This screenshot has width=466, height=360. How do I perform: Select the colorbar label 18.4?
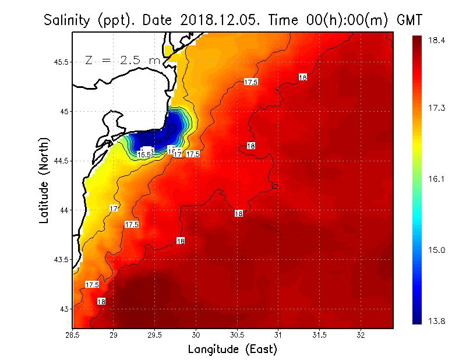pyautogui.click(x=437, y=40)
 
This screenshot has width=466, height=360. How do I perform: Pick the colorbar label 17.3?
pyautogui.click(x=437, y=108)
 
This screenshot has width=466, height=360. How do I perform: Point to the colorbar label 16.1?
pyautogui.click(x=437, y=179)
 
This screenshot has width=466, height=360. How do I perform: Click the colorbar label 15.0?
pyautogui.click(x=437, y=250)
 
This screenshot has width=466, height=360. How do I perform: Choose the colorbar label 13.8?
pyautogui.click(x=437, y=322)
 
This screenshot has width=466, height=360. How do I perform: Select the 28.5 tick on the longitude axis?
pyautogui.click(x=73, y=335)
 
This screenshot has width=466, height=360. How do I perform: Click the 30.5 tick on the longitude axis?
pyautogui.click(x=237, y=335)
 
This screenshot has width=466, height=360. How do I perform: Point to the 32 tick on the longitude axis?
pyautogui.click(x=361, y=335)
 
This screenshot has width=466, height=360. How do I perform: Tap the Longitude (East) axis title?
pyautogui.click(x=232, y=350)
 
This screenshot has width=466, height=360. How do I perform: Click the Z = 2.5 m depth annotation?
pyautogui.click(x=122, y=60)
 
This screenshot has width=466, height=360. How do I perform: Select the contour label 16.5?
pyautogui.click(x=144, y=154)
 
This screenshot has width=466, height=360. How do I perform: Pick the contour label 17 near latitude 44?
pyautogui.click(x=114, y=208)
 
